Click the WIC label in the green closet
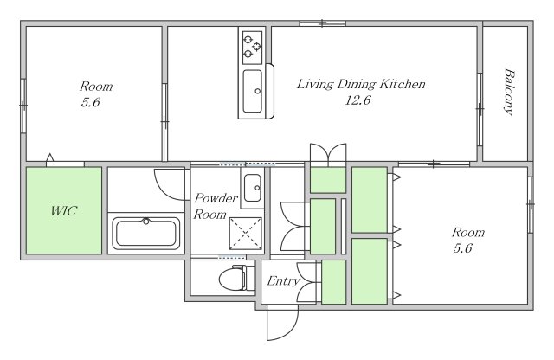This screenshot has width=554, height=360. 63,211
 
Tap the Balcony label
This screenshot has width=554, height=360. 509,92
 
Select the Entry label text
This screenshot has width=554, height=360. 283,281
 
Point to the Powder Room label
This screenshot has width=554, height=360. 216,206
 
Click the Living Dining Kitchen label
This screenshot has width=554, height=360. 361,84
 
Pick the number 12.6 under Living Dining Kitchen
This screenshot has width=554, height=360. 358,100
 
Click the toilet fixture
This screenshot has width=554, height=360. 236,278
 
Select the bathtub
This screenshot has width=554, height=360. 146,233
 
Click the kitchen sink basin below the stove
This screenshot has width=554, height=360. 253,91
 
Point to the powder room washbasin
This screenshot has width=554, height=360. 252,188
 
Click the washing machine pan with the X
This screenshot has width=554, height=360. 246,233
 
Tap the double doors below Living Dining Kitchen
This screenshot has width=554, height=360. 328,155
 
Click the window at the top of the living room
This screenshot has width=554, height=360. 322,23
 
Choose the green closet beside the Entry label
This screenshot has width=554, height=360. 333,282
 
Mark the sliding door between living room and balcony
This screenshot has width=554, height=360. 480,109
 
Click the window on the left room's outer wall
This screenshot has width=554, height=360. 23,106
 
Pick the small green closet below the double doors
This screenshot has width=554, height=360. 328,180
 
